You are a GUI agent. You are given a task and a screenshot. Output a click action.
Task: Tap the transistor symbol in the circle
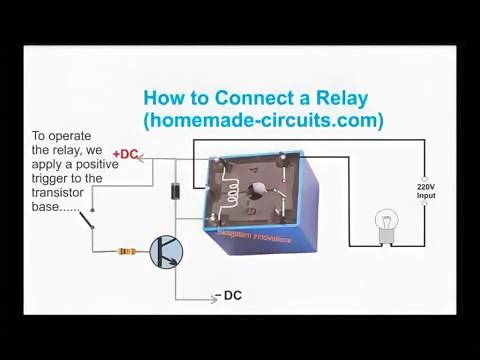[x=166, y=252]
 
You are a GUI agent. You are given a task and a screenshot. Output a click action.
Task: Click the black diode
[x=175, y=191]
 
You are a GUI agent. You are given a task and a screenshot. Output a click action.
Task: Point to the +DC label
[x=125, y=154]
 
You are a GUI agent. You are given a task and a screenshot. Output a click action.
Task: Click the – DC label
[x=228, y=296]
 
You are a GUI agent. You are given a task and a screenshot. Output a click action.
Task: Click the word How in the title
[x=163, y=98]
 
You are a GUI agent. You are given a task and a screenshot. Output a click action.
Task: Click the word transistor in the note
[x=57, y=192]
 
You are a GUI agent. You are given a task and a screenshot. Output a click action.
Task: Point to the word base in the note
[x=45, y=206]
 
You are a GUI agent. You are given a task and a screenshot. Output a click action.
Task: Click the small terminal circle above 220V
[x=424, y=178]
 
